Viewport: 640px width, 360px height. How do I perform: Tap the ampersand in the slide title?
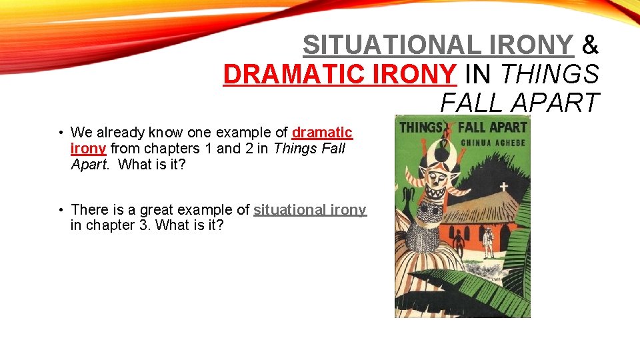[x=591, y=45]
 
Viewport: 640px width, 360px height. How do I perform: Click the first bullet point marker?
[x=60, y=133]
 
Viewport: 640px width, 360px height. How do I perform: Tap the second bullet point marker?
[x=60, y=210]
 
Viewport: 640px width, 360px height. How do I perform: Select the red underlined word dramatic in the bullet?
[x=322, y=133]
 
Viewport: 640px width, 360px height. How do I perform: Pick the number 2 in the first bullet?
[x=249, y=148]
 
